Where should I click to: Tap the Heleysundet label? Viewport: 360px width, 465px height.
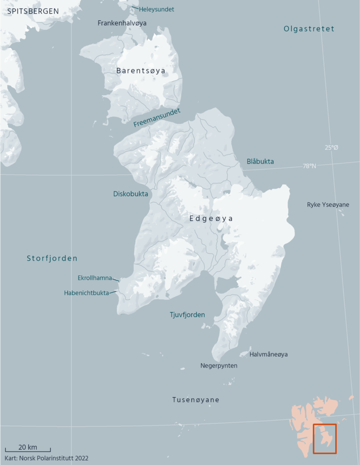pyautogui.click(x=156, y=9)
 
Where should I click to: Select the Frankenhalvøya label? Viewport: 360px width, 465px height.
pyautogui.click(x=122, y=23)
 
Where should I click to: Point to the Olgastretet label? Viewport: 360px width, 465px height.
pyautogui.click(x=309, y=29)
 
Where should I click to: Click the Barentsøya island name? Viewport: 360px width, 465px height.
pyautogui.click(x=141, y=70)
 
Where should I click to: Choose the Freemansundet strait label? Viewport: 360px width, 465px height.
pyautogui.click(x=157, y=118)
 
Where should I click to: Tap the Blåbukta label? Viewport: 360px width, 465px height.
pyautogui.click(x=260, y=161)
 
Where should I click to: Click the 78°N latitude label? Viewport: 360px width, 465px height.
pyautogui.click(x=309, y=166)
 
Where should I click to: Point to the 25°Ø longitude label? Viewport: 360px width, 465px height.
pyautogui.click(x=331, y=148)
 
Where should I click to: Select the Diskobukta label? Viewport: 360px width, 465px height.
pyautogui.click(x=131, y=194)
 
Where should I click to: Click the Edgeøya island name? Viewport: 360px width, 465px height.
pyautogui.click(x=211, y=219)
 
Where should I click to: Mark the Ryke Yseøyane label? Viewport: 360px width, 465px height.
pyautogui.click(x=328, y=205)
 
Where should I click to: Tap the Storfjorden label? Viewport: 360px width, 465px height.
pyautogui.click(x=52, y=259)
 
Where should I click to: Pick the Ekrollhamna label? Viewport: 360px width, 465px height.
pyautogui.click(x=94, y=278)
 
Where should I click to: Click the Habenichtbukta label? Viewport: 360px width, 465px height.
pyautogui.click(x=86, y=293)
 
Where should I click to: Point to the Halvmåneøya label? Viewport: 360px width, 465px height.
pyautogui.click(x=269, y=354)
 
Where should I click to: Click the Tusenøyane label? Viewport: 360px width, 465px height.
pyautogui.click(x=196, y=400)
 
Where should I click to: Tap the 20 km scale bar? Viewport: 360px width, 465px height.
pyautogui.click(x=28, y=450)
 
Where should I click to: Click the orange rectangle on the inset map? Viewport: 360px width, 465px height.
pyautogui.click(x=325, y=438)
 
